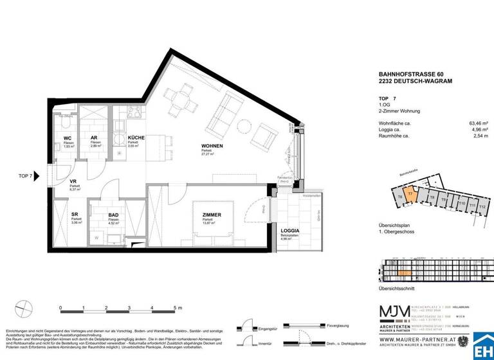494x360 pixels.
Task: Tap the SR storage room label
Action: [x=74, y=215]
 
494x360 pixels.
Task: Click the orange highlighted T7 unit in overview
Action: [x=410, y=198]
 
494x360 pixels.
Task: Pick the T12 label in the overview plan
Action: [x=483, y=207]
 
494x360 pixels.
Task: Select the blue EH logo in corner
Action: [x=483, y=348]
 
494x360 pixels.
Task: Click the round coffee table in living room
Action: [x=244, y=125]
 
